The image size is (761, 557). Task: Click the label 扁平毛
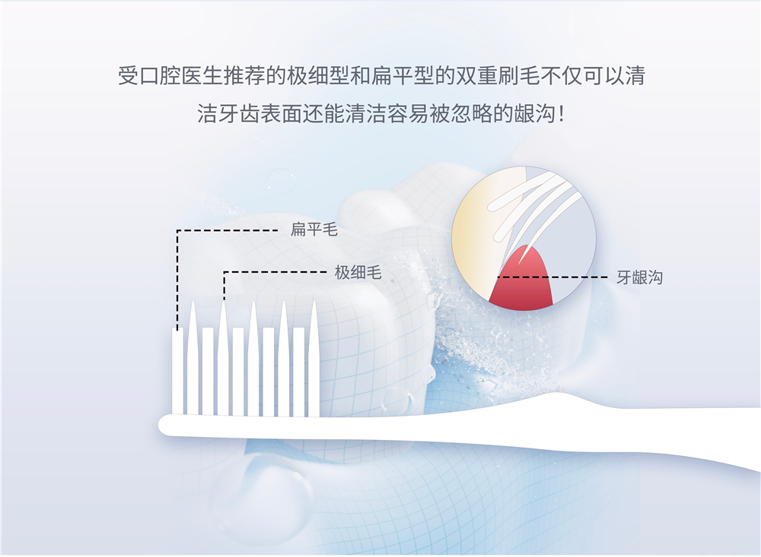(314, 229)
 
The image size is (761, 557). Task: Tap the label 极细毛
(358, 273)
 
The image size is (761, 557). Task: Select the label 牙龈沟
(640, 278)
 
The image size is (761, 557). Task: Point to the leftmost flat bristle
(177, 372)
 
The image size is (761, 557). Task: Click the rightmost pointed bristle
(314, 359)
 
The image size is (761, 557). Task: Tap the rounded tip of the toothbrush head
(163, 426)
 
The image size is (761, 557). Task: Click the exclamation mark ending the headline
(562, 115)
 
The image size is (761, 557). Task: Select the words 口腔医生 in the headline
(180, 76)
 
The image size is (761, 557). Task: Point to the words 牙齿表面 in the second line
(260, 115)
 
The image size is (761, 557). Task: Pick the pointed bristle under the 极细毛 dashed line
(223, 359)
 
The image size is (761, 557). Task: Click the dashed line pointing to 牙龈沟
(552, 277)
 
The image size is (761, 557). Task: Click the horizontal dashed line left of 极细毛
(275, 273)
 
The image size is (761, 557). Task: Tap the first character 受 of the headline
(128, 76)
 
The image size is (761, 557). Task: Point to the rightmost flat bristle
(299, 372)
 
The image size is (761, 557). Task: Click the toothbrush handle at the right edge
(747, 436)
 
